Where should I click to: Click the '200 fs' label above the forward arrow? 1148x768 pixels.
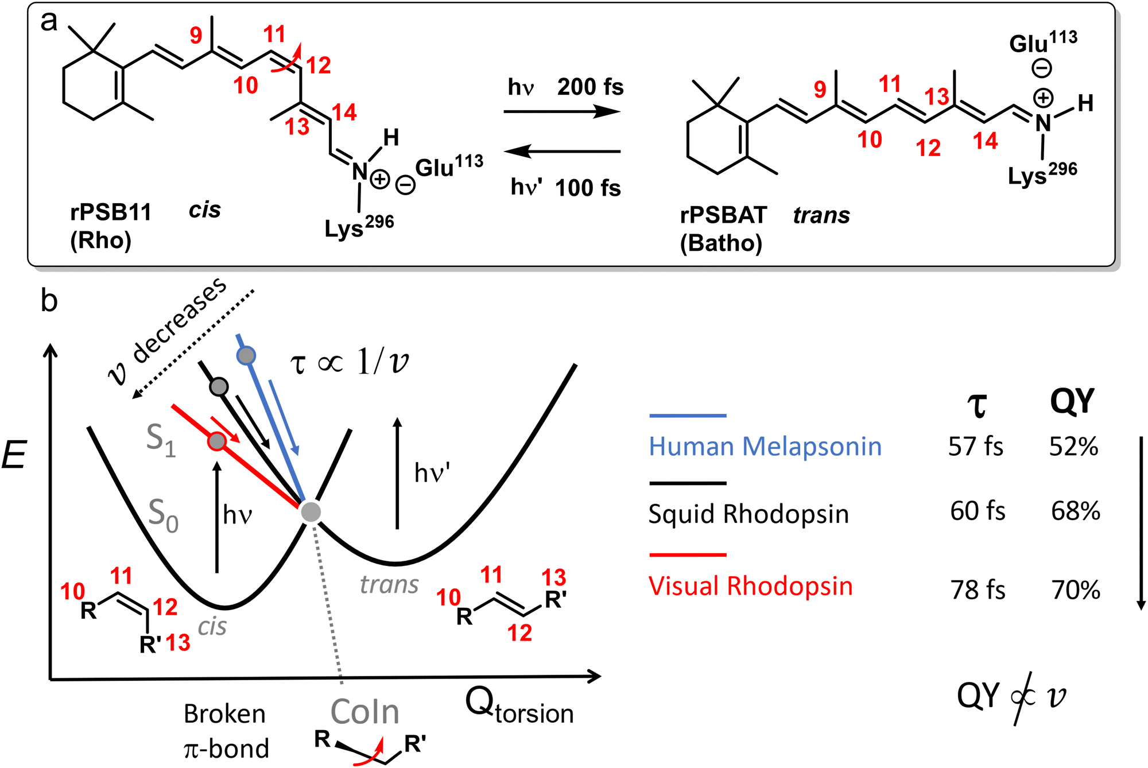point(590,87)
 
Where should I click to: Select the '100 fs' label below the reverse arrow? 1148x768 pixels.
point(588,188)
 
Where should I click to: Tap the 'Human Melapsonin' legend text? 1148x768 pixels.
point(765,447)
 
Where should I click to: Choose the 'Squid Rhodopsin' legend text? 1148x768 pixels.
point(748,514)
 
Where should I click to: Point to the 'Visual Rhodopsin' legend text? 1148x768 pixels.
point(750,586)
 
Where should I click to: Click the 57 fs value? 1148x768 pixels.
point(975,447)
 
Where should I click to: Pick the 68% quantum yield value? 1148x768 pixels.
point(1075,511)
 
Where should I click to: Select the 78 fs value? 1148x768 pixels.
point(978,589)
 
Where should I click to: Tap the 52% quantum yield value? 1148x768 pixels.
point(1073,447)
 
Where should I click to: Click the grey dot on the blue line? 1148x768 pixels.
point(246,356)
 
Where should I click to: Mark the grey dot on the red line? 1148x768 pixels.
point(216,441)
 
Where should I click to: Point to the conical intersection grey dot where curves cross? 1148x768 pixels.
point(311,511)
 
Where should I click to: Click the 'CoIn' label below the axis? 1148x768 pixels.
point(364,712)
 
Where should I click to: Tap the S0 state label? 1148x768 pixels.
point(164,514)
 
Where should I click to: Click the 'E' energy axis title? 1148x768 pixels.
point(14,456)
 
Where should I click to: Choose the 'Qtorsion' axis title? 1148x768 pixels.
point(519,706)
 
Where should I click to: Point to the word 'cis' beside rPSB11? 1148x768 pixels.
point(204,210)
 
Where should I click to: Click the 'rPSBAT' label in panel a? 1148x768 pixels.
point(723,216)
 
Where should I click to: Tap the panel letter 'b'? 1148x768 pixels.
point(49,300)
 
